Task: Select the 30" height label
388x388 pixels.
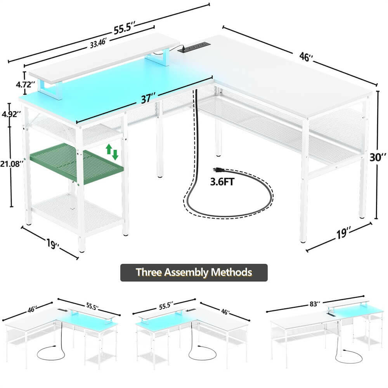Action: click(x=378, y=158)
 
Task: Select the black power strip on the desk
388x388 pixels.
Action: click(x=193, y=47)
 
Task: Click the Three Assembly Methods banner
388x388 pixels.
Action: click(x=194, y=272)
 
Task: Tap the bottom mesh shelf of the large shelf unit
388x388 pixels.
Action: click(x=76, y=211)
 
